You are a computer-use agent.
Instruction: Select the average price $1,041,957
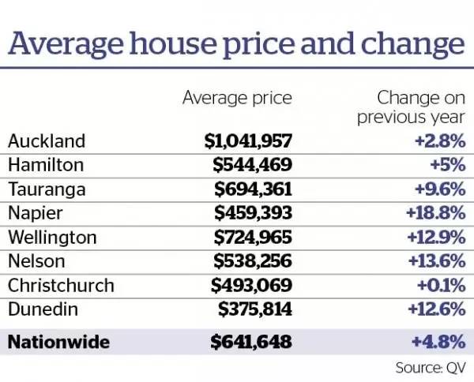[x=248, y=141]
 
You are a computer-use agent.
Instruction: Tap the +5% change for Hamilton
[x=444, y=166]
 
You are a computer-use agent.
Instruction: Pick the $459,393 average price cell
[x=253, y=213]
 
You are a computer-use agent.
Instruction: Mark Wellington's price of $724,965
[x=253, y=238]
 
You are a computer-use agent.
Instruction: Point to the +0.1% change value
[x=440, y=285]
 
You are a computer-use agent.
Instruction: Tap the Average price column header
[x=237, y=99]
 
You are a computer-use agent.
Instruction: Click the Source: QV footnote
[x=431, y=367]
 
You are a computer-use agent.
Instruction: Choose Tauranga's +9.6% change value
[x=440, y=189]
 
